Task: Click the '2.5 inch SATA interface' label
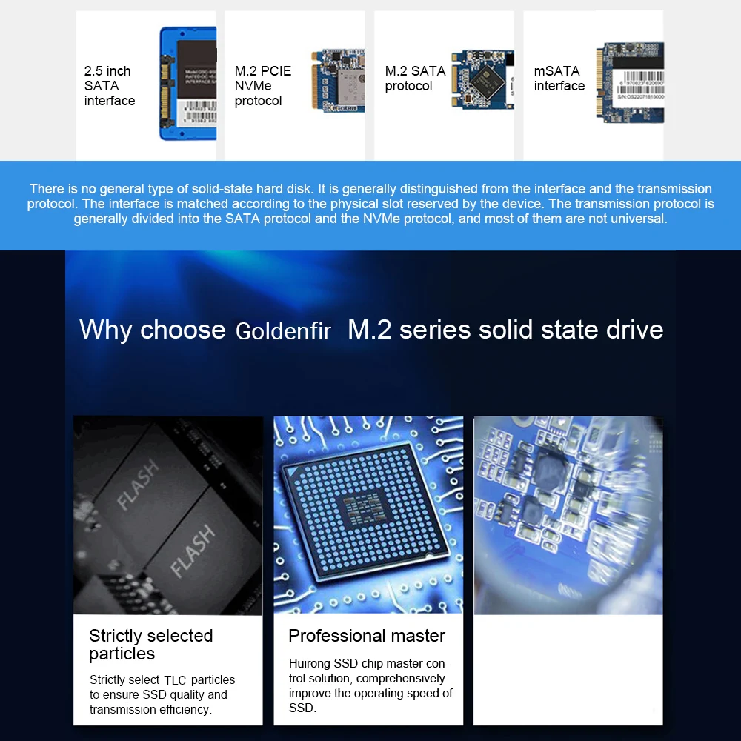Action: click(x=109, y=86)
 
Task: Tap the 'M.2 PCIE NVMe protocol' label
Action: click(x=262, y=86)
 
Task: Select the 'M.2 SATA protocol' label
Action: click(x=415, y=79)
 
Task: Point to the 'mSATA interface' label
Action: click(x=559, y=79)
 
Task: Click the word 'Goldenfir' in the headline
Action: click(x=283, y=331)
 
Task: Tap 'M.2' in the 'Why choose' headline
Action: click(x=369, y=330)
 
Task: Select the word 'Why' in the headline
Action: click(x=106, y=330)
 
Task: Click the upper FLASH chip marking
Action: click(x=139, y=485)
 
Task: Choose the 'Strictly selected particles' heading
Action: click(x=151, y=645)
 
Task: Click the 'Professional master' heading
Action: click(x=367, y=636)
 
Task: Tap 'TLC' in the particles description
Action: click(x=176, y=680)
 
